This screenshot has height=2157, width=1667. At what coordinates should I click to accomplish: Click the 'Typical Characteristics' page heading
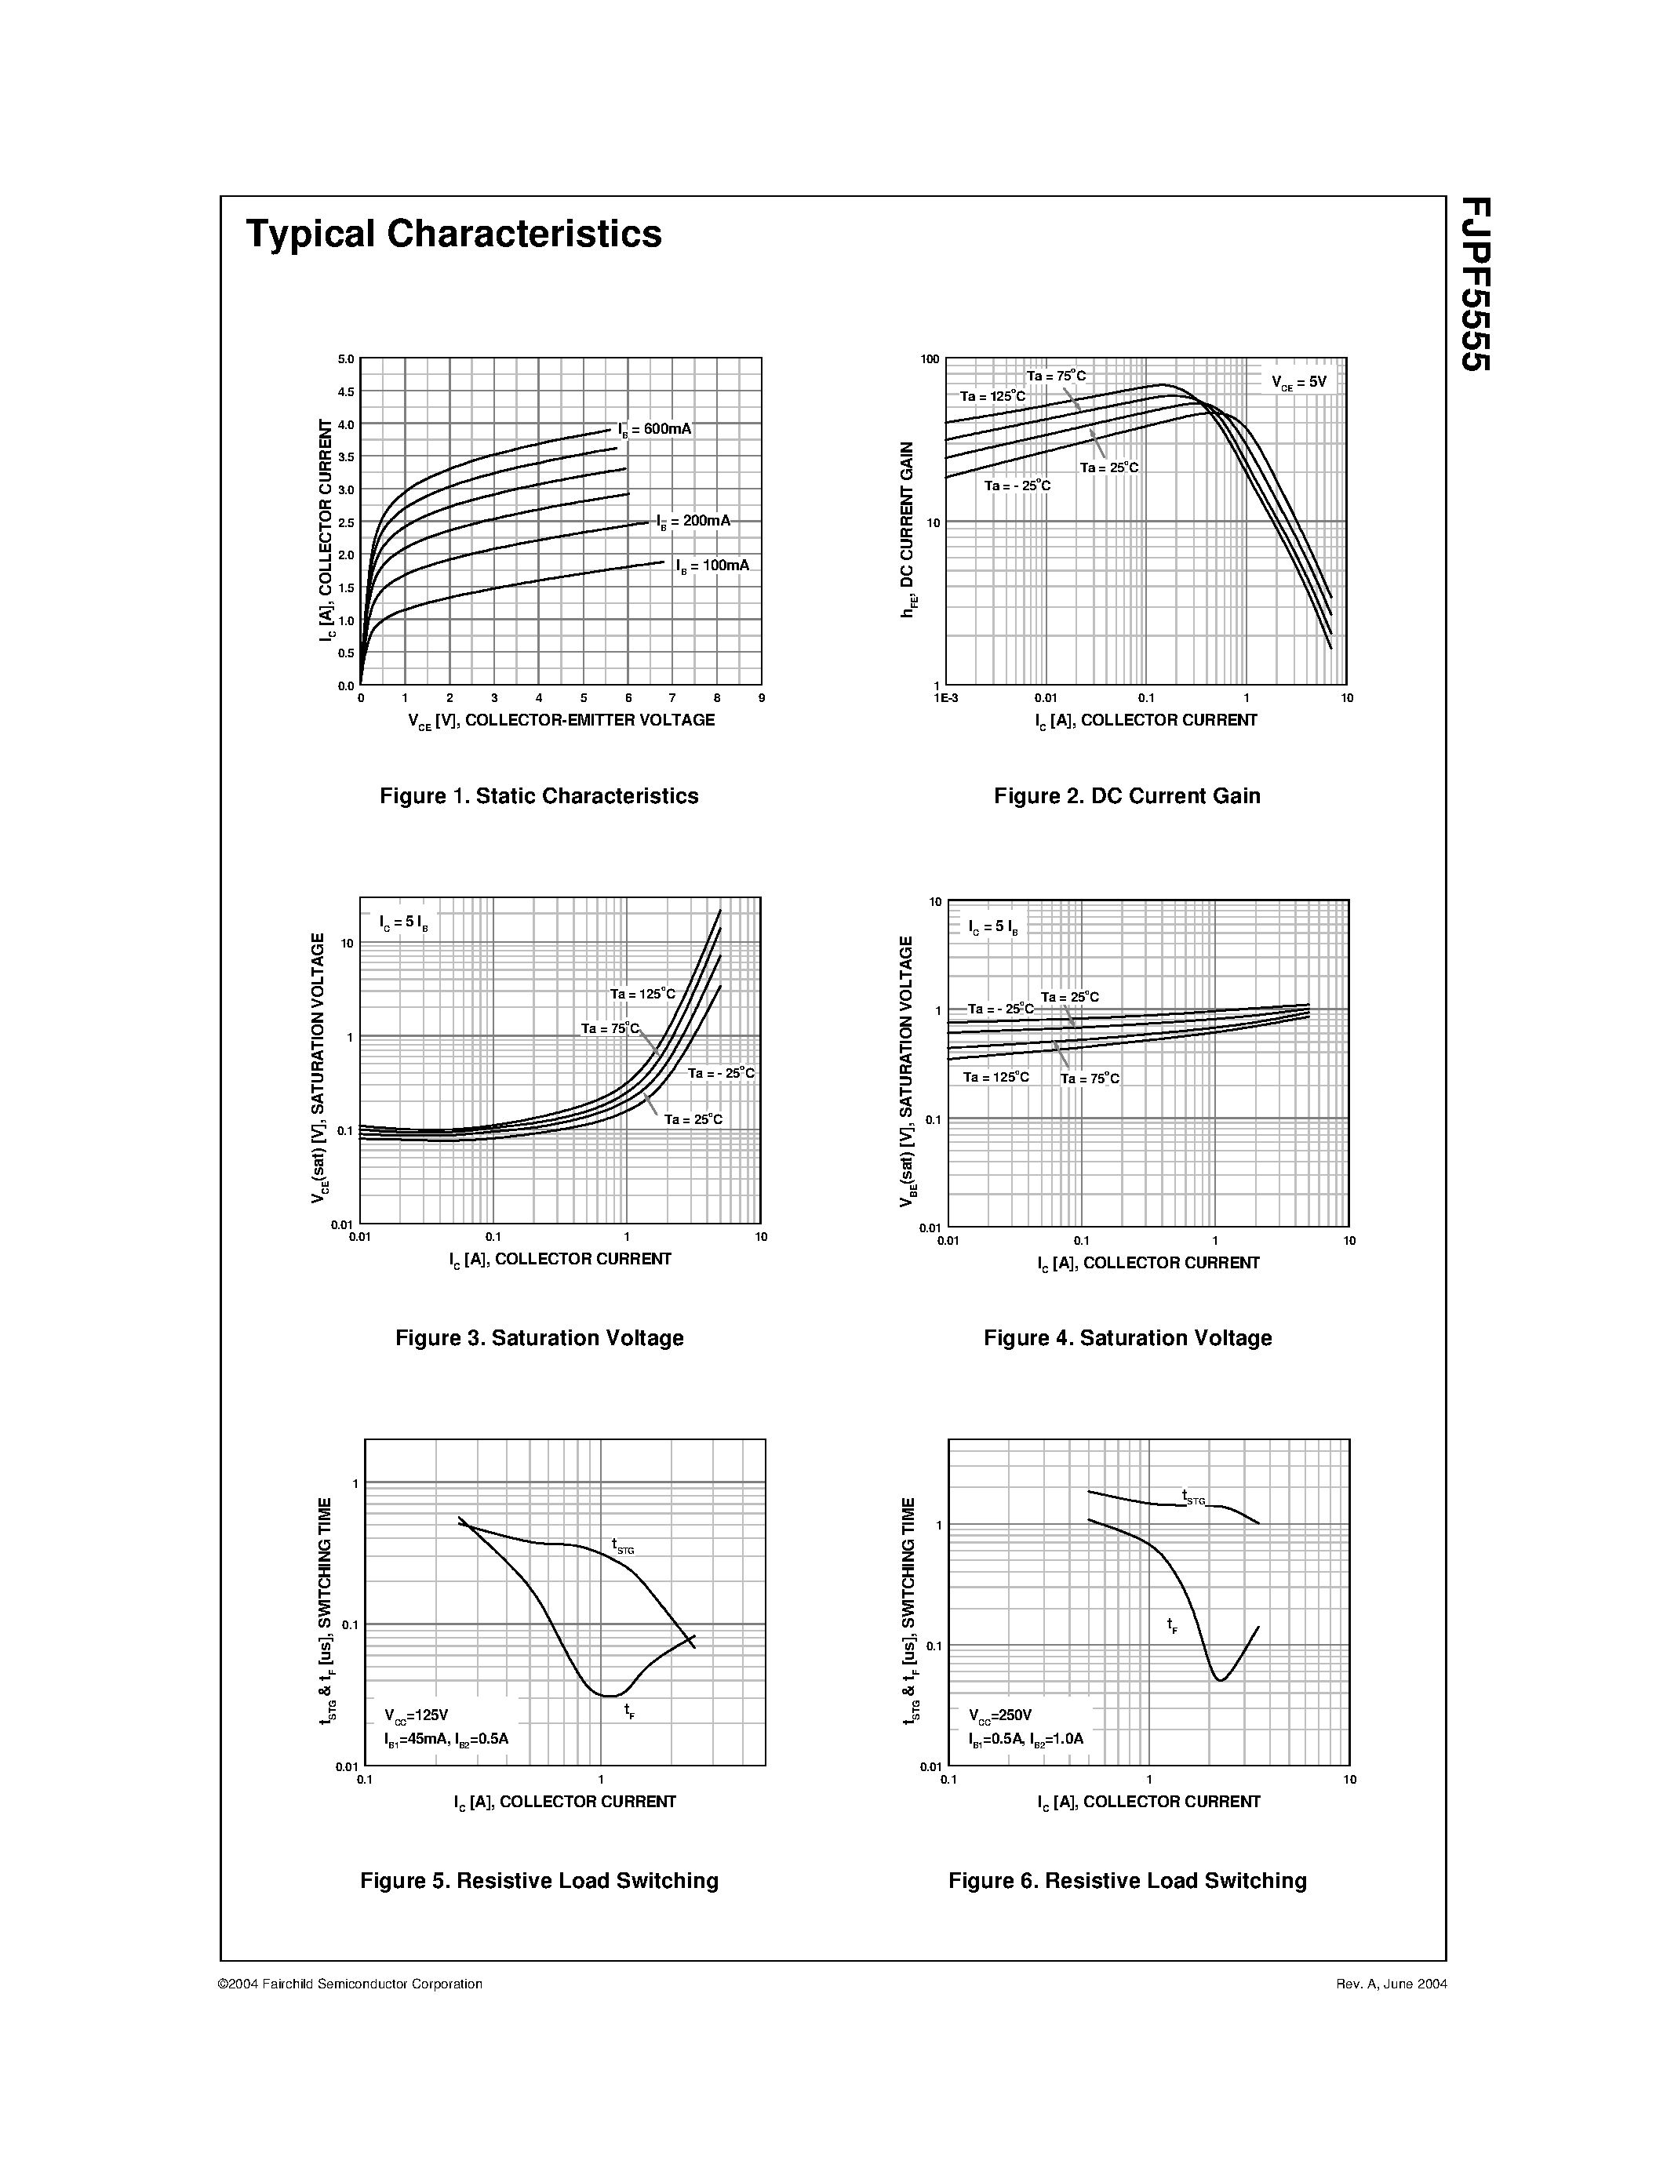pyautogui.click(x=453, y=234)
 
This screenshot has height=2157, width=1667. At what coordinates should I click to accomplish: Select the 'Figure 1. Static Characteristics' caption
pyautogui.click(x=539, y=796)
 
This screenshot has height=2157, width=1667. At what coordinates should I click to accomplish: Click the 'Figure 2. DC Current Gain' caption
pyautogui.click(x=1126, y=796)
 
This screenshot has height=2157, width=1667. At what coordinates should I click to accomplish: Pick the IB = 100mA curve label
pyautogui.click(x=713, y=566)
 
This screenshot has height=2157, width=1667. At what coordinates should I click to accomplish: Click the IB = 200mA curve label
pyautogui.click(x=694, y=521)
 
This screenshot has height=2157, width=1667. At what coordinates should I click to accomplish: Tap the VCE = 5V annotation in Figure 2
pyautogui.click(x=1298, y=382)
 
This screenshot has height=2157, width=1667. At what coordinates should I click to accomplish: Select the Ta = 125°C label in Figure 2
pyautogui.click(x=992, y=396)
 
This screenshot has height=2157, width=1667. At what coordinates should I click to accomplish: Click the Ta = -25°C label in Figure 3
pyautogui.click(x=721, y=1072)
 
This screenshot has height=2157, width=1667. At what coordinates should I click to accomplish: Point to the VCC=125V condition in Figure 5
pyautogui.click(x=417, y=1715)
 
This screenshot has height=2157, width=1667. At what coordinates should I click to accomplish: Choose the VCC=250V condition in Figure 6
pyautogui.click(x=1000, y=1715)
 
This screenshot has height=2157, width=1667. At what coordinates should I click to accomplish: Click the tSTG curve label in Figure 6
pyautogui.click(x=1194, y=1497)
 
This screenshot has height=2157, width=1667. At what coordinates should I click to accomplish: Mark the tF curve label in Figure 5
pyautogui.click(x=629, y=1711)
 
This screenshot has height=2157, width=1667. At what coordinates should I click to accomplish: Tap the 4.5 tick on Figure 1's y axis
pyautogui.click(x=346, y=392)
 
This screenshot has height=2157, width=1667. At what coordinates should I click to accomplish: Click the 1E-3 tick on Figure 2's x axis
pyautogui.click(x=945, y=698)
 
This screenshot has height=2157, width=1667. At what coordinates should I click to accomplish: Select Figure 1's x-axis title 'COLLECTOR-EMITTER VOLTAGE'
pyautogui.click(x=590, y=720)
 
